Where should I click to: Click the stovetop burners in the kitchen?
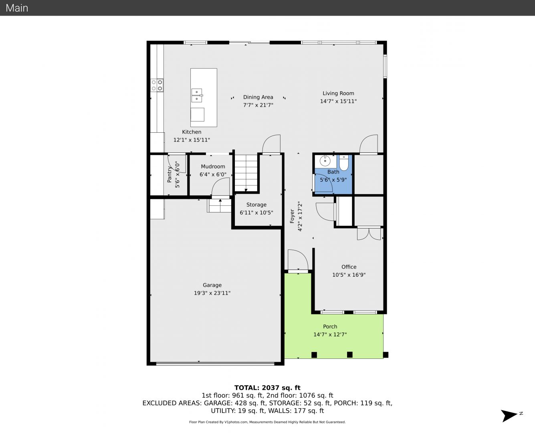point(157,85)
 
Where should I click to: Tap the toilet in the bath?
point(343,163)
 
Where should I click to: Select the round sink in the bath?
point(325,161)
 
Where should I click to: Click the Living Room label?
point(338,93)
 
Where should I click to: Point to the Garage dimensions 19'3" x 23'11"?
point(212,293)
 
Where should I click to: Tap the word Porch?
point(330,326)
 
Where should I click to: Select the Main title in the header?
point(17,8)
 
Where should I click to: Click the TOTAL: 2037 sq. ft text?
point(267,388)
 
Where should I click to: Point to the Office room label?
point(349,267)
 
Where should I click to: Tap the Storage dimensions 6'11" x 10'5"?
point(256,212)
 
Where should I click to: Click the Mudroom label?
point(213,166)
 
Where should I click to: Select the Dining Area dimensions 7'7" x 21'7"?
point(258,105)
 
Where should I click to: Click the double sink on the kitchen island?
point(197,95)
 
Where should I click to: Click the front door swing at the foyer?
point(298,260)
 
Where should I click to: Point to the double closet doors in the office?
point(369,234)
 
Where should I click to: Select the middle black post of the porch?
point(349,354)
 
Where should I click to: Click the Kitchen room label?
point(192,132)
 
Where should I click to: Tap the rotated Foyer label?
point(292,216)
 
